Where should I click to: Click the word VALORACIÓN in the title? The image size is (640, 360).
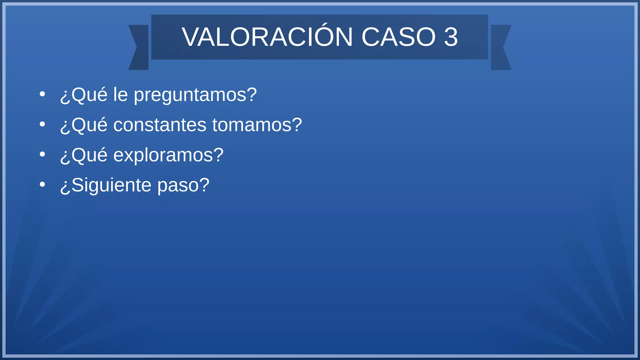267,37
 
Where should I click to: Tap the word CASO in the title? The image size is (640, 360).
398,37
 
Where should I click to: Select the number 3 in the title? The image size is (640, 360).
451,37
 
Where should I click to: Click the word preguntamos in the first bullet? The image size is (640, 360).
195,95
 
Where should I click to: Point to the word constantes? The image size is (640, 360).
160,125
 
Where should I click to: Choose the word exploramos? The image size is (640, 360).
168,155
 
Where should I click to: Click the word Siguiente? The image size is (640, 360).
111,185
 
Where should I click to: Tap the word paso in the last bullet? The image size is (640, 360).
183,185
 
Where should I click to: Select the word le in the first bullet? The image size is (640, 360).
120,94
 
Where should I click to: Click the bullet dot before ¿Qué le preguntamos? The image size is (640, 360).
42,94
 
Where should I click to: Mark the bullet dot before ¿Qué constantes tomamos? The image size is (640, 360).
42,124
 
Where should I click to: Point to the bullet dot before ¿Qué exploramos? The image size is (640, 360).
42,154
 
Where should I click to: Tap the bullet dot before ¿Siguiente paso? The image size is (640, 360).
42,184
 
